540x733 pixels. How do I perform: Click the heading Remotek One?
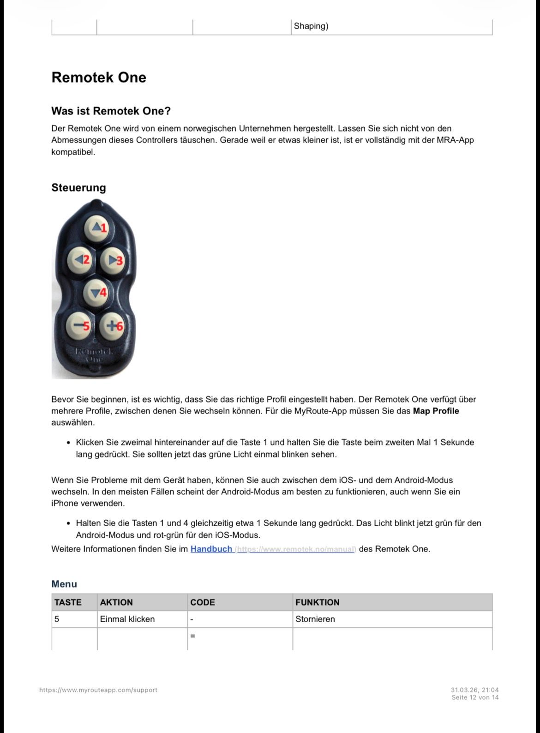[x=99, y=78]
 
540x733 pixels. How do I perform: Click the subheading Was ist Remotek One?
[x=111, y=111]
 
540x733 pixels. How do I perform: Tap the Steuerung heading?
[x=78, y=188]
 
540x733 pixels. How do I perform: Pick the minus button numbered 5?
[x=79, y=326]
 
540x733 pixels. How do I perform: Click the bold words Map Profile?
[x=436, y=411]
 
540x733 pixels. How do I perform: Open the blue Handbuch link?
[x=211, y=549]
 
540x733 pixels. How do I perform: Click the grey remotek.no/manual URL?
[x=296, y=549]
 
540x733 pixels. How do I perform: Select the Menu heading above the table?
[x=64, y=584]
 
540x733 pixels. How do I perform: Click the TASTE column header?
[x=68, y=602]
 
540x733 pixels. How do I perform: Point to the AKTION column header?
[x=116, y=602]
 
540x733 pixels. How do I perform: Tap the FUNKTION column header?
[x=318, y=602]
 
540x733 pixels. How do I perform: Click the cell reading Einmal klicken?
[x=127, y=619]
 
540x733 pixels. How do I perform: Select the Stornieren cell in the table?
[x=315, y=619]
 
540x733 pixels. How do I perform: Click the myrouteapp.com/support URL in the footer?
[x=98, y=690]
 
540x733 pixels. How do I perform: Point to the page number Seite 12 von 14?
[x=475, y=697]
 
